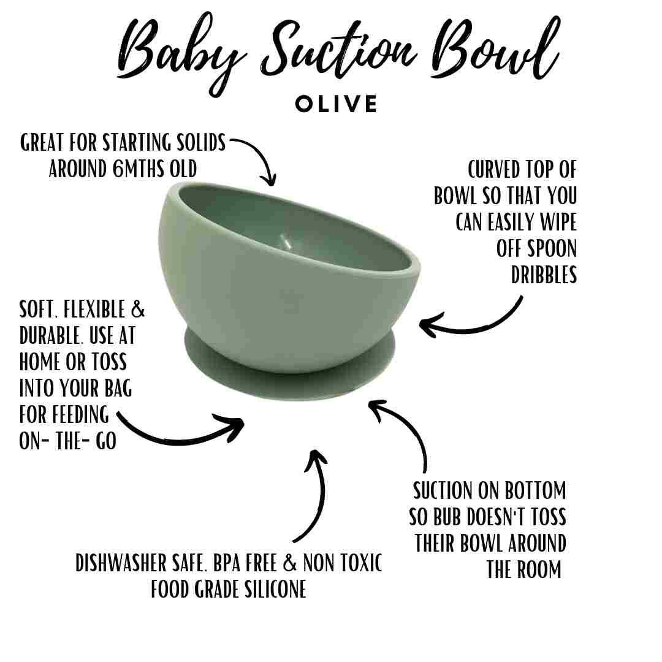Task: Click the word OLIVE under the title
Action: [337, 104]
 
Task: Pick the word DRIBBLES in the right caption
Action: [544, 275]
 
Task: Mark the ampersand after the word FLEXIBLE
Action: [138, 310]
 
